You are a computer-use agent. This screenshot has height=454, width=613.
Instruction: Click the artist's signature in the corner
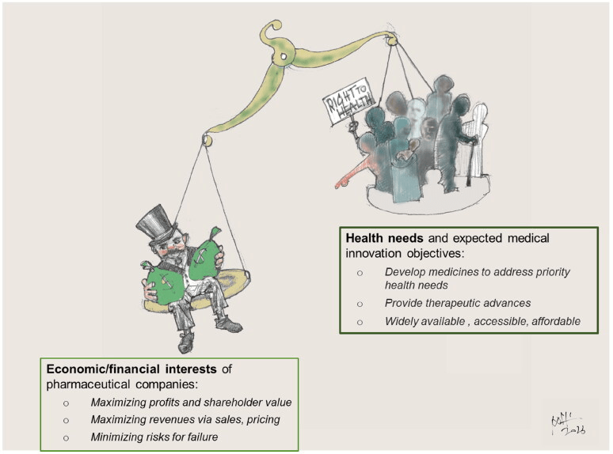point(565,424)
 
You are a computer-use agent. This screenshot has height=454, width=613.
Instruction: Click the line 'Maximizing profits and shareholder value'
point(191,403)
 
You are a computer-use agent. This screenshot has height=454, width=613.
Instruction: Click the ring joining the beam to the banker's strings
point(208,140)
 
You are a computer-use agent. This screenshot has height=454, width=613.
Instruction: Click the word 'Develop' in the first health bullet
point(405,271)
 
